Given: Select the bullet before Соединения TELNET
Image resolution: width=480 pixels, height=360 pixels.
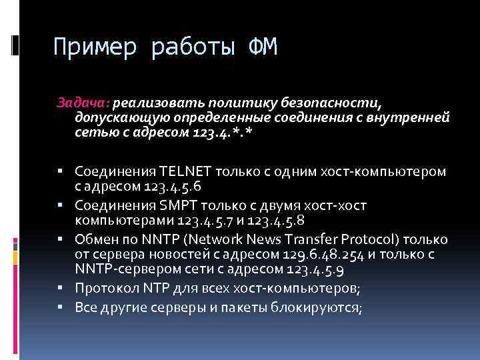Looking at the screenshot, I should point(60,171).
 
